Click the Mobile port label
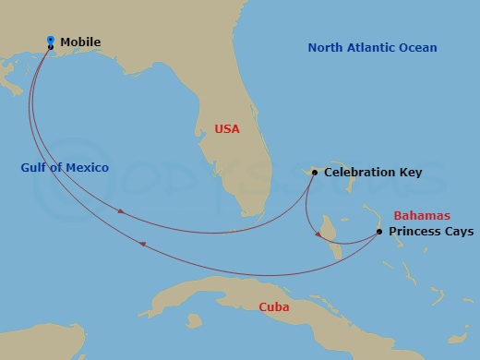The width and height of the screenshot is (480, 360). (80, 42)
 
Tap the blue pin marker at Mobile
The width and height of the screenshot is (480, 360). (50, 40)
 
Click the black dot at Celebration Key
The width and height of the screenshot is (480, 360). (315, 173)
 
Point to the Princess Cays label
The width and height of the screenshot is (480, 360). (431, 232)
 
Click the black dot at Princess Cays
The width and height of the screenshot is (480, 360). (379, 232)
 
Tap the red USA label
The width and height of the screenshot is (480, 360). (226, 129)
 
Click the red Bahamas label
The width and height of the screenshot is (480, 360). (421, 215)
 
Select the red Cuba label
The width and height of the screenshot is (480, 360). (274, 307)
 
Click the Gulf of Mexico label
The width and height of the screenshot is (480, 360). (65, 167)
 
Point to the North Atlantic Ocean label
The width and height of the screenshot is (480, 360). (373, 48)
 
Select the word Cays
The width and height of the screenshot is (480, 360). (458, 232)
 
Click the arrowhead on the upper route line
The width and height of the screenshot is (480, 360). (122, 212)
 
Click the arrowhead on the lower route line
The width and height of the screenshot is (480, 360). (141, 244)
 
